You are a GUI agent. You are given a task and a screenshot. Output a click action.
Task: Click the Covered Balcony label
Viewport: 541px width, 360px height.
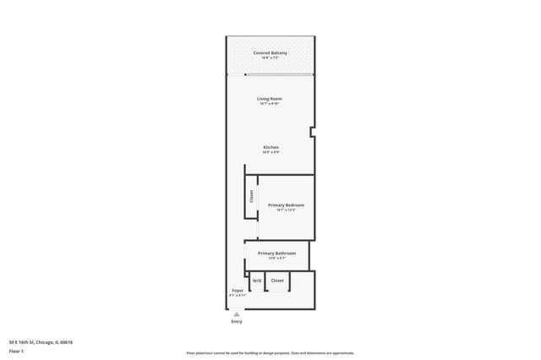(x=270, y=52)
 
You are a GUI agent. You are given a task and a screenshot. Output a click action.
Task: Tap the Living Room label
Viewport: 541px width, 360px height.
(x=270, y=99)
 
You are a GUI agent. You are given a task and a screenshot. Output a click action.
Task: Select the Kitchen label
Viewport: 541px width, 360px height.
(x=270, y=147)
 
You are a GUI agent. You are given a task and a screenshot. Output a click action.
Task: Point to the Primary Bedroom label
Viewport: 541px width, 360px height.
(x=286, y=205)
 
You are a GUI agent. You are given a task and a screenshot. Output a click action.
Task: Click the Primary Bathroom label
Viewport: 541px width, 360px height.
(x=276, y=254)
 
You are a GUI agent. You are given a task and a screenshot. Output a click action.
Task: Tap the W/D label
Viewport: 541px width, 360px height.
(x=257, y=281)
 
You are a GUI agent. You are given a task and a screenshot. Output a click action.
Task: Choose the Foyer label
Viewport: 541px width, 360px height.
(x=238, y=291)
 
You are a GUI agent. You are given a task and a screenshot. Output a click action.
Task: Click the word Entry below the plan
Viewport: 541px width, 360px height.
(x=237, y=321)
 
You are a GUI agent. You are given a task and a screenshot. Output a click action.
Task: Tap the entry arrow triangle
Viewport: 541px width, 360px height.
(x=237, y=314)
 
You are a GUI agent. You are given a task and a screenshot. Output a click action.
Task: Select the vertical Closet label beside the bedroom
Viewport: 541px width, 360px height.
(x=251, y=197)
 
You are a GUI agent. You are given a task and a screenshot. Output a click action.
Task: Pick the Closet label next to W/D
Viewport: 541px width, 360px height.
(x=277, y=281)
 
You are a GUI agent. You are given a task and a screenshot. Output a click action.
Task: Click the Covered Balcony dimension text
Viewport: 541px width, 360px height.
(x=270, y=57)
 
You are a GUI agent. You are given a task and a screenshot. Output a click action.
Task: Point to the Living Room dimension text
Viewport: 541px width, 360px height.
(x=270, y=104)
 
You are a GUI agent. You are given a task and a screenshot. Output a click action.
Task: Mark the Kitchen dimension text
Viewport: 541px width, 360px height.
(x=270, y=152)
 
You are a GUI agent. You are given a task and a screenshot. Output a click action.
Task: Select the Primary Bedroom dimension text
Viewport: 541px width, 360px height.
(x=286, y=210)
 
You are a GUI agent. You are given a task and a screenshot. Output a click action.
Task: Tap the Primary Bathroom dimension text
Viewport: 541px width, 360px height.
(x=276, y=259)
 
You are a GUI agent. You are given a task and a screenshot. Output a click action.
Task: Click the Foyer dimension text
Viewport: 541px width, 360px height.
(x=238, y=296)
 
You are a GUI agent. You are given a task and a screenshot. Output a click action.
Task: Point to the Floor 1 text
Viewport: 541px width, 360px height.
(x=16, y=350)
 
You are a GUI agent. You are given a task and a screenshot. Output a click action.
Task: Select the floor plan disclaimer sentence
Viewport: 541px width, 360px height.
(x=270, y=353)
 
